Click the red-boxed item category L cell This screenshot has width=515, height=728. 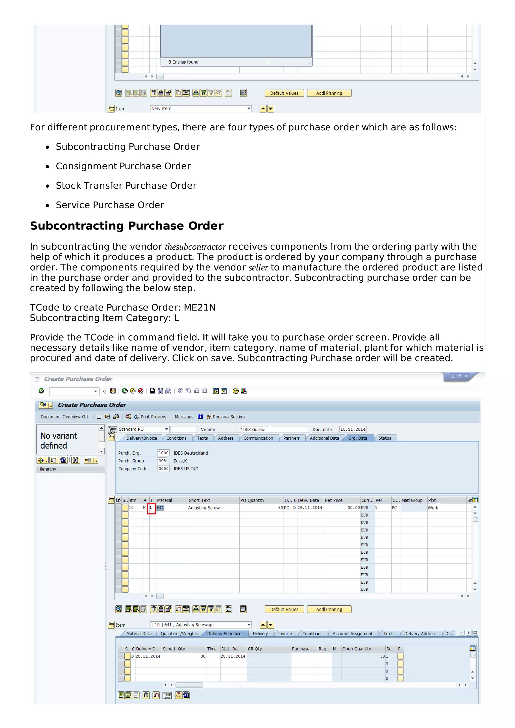(151, 508)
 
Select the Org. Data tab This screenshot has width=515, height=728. (357, 438)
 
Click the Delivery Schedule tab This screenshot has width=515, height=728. (224, 634)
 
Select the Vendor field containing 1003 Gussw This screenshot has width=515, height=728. (274, 429)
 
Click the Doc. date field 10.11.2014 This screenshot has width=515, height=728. (353, 429)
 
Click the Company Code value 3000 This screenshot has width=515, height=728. (163, 469)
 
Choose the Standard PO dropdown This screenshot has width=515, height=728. (143, 429)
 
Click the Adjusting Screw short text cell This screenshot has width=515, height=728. (204, 508)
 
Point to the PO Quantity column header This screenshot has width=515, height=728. (252, 500)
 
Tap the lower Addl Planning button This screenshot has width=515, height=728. (329, 609)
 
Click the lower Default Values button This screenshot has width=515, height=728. (284, 609)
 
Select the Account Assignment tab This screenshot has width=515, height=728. (353, 634)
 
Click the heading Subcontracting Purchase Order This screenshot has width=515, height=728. (126, 226)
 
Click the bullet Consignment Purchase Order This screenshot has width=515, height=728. (123, 166)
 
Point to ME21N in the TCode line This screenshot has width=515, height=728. (200, 307)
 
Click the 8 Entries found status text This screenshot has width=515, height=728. (183, 62)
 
